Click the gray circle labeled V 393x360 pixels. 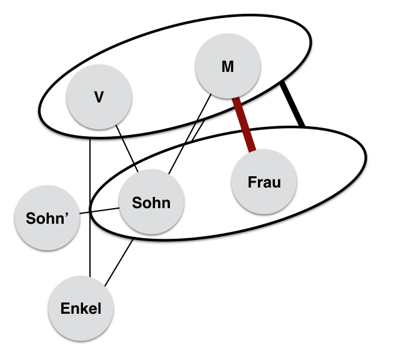tap(99, 97)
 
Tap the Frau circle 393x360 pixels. tap(264, 182)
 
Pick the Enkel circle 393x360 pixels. tap(81, 308)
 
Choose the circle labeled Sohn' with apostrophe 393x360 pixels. tap(47, 218)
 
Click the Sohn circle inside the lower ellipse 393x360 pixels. tap(151, 202)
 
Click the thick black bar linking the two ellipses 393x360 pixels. tap(292, 104)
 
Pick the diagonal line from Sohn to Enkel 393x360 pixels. tap(119, 262)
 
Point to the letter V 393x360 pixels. tap(99, 97)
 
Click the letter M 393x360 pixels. tap(227, 67)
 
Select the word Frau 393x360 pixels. tap(264, 182)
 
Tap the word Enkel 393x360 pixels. tap(81, 308)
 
